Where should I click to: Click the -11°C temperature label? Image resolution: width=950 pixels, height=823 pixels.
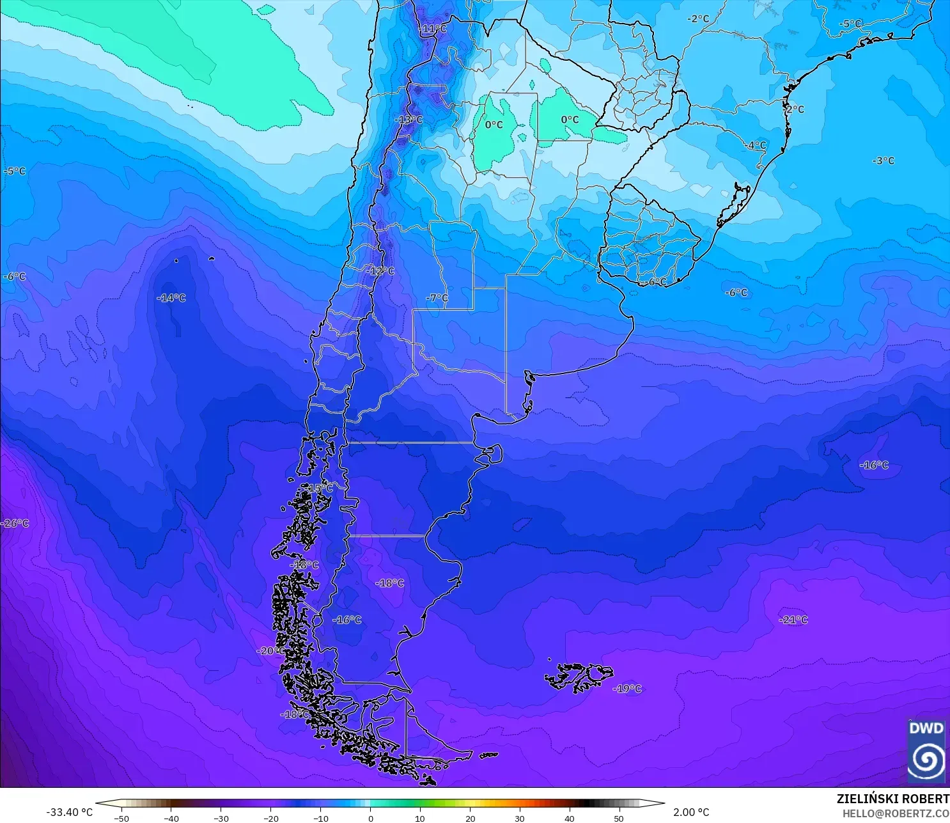[x=433, y=29]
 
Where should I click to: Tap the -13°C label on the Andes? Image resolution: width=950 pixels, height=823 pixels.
[x=409, y=120]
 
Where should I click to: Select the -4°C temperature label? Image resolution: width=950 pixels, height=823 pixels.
[x=756, y=145]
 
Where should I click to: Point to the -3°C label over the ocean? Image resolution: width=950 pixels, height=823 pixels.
[x=884, y=161]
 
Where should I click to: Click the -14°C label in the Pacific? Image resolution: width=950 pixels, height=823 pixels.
[x=171, y=298]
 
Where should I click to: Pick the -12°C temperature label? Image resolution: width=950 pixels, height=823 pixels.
[x=381, y=271]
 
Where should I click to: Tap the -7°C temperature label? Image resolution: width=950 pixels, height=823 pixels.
[x=437, y=298]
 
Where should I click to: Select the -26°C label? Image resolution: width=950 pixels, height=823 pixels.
[x=15, y=523]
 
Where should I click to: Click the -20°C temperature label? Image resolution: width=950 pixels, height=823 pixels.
[x=271, y=650]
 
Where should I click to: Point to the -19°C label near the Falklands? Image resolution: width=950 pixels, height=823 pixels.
[x=627, y=689]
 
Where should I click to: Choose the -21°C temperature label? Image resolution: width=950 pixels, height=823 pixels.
[x=793, y=620]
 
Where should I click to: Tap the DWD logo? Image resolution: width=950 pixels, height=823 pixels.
[x=926, y=752]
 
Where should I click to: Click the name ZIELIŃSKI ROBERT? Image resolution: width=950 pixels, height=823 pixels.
[x=892, y=799]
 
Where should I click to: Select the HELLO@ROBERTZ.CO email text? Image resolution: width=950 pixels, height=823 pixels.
[x=895, y=813]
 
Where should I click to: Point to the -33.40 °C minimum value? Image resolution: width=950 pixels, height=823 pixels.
[x=69, y=812]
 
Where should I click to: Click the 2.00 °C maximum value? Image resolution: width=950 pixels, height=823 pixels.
[x=691, y=812]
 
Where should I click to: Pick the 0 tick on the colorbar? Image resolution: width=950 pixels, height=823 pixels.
[x=371, y=819]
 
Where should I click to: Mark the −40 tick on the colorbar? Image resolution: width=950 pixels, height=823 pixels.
[x=171, y=819]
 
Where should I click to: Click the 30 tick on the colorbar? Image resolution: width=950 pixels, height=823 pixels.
[x=520, y=819]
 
